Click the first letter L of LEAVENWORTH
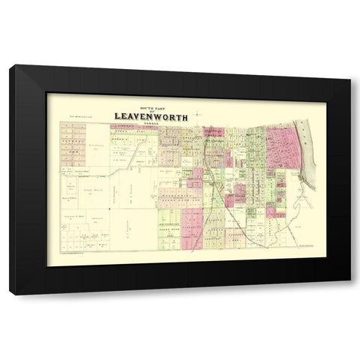pos(117,116)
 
